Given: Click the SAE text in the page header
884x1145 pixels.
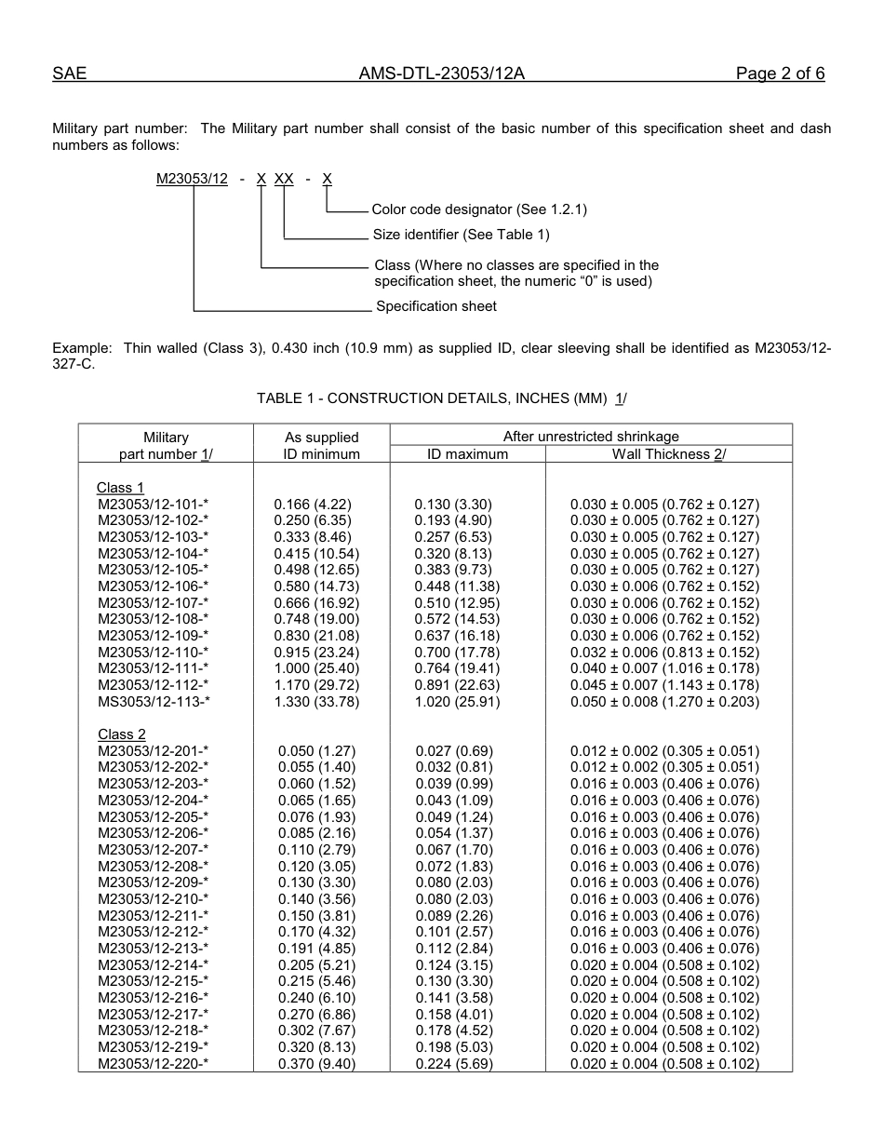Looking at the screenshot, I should (69, 74).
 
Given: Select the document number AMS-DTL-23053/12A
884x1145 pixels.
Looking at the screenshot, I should (441, 74).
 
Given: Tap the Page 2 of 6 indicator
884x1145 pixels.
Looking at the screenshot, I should (780, 74).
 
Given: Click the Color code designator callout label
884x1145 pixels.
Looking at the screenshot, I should (479, 209).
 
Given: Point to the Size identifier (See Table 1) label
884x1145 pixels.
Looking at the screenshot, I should (461, 235).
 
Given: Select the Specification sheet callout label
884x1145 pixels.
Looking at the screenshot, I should (435, 306).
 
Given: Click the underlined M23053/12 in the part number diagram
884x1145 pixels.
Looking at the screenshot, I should (192, 179).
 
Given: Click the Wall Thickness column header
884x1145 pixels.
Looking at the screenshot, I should (668, 454).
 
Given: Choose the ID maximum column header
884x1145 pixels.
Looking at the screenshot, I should (467, 454).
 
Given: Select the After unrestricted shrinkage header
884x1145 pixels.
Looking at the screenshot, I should (591, 437).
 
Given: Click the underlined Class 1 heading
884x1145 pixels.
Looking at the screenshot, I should (120, 488).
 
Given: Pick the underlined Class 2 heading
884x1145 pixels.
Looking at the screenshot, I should (121, 734).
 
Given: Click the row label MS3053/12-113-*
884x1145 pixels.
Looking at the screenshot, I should (154, 702).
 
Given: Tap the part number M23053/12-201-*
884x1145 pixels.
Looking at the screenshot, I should (153, 751).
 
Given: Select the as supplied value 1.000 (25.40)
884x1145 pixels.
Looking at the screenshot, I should (316, 668).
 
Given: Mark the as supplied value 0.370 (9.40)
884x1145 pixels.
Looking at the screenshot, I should (316, 1064).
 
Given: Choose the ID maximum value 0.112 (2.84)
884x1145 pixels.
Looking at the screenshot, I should (454, 949).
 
